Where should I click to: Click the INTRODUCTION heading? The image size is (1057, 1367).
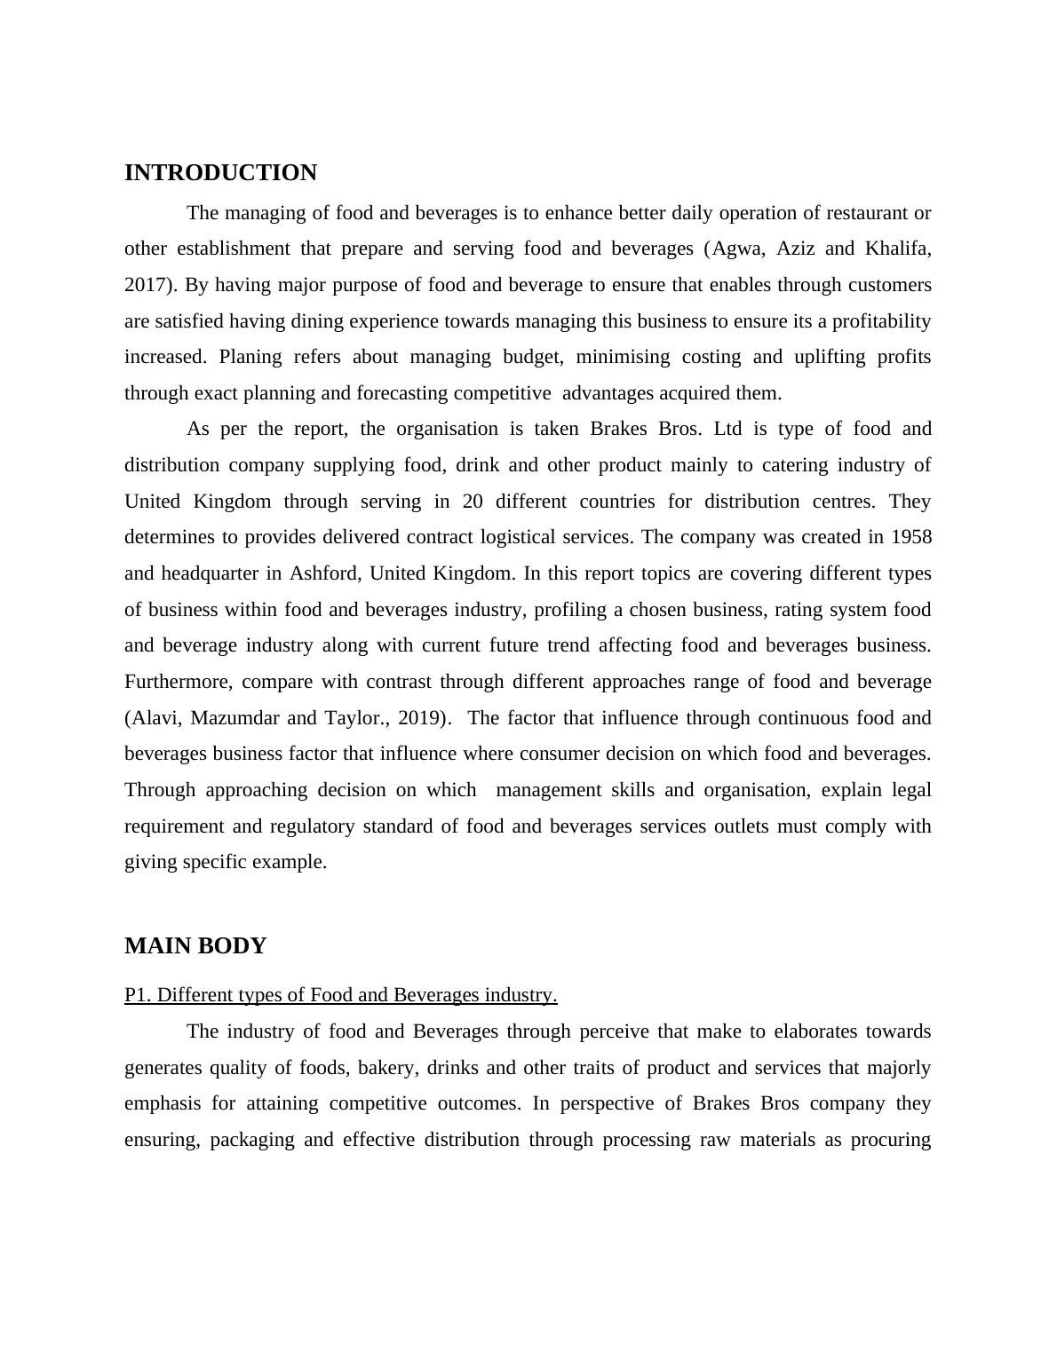[x=220, y=173]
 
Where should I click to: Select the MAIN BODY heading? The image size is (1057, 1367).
[x=195, y=946]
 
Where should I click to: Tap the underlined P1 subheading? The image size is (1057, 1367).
[x=340, y=995]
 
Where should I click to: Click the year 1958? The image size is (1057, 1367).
[x=910, y=537]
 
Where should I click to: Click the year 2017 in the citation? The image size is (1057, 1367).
[x=147, y=285]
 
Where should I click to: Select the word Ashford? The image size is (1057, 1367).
[x=323, y=573]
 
